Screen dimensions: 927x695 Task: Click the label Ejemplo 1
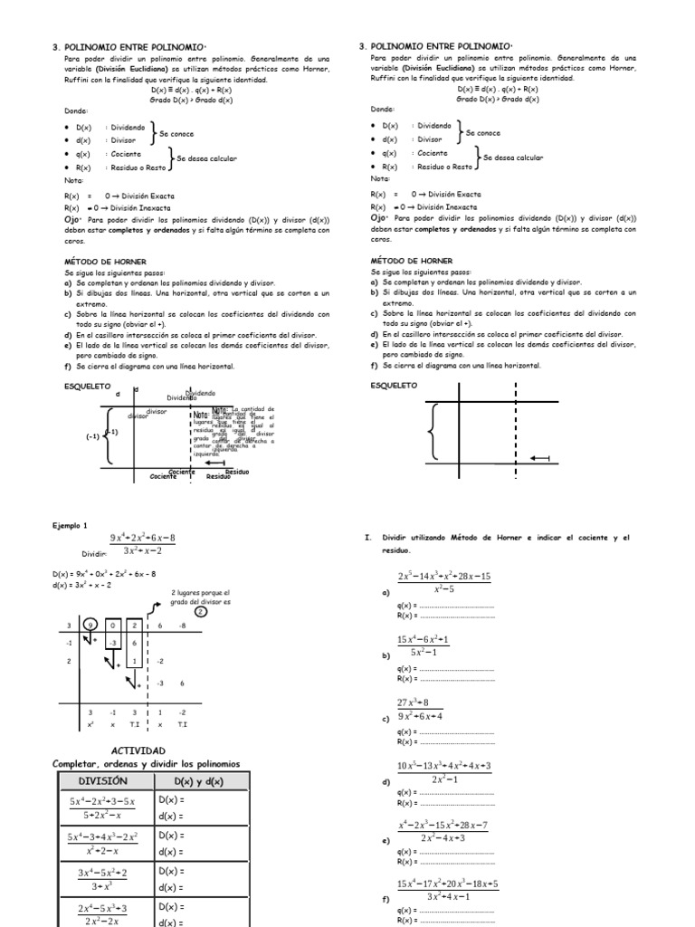tap(71, 525)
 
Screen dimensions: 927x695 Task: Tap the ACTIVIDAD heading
tap(138, 751)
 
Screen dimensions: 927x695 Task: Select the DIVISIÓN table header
tap(103, 781)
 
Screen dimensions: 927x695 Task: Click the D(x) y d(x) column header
tap(198, 781)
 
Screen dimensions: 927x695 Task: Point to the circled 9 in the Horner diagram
tap(91, 625)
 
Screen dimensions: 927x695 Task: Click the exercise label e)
tap(386, 841)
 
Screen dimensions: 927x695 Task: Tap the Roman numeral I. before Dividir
tap(368, 538)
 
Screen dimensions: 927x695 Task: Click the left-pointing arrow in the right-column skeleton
tap(539, 459)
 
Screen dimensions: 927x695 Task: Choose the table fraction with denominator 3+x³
tap(102, 879)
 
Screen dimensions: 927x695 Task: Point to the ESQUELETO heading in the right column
tap(395, 386)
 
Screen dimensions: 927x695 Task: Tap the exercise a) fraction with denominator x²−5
tap(443, 584)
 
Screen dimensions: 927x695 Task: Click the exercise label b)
tap(386, 654)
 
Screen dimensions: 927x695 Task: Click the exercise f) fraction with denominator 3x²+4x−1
tap(447, 890)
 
